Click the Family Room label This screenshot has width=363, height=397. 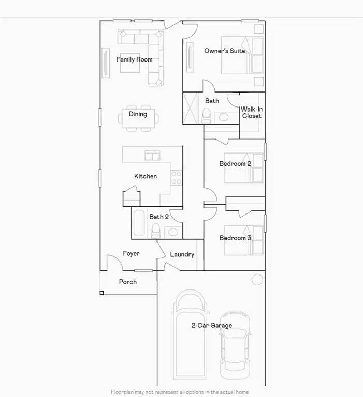pyautogui.click(x=134, y=59)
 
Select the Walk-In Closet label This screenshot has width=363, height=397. pyautogui.click(x=251, y=112)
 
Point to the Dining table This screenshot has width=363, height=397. pyautogui.click(x=138, y=114)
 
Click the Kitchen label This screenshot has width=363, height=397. pyautogui.click(x=146, y=176)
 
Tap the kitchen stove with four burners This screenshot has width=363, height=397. pyautogui.click(x=177, y=177)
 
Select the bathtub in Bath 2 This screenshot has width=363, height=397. pyautogui.click(x=139, y=223)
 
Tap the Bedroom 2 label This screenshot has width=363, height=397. pyautogui.click(x=235, y=164)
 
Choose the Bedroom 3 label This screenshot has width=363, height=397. pyautogui.click(x=235, y=238)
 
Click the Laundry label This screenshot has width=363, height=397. pyautogui.click(x=182, y=254)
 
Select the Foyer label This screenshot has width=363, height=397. pyautogui.click(x=131, y=253)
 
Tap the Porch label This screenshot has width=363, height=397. pyautogui.click(x=128, y=282)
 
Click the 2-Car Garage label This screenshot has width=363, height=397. pyautogui.click(x=211, y=325)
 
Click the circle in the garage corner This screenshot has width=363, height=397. pyautogui.click(x=257, y=280)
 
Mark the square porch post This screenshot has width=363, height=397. pyautogui.click(x=102, y=293)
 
